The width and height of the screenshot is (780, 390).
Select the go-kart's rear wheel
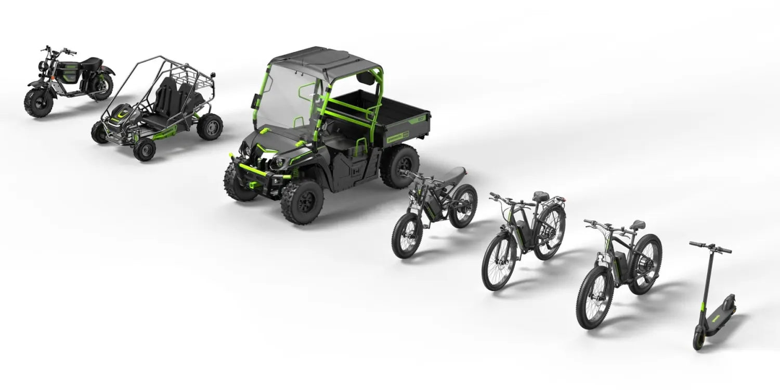coord(210,127)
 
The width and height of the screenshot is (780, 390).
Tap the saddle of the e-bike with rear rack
coord(541,197)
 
